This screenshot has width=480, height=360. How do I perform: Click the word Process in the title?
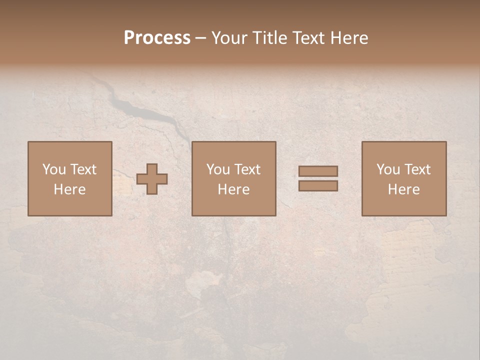[157, 38]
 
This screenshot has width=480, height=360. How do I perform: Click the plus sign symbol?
[152, 179]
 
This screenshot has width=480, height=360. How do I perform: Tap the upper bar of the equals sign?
[318, 171]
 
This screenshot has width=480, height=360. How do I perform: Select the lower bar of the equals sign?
[318, 186]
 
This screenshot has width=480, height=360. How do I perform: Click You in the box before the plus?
[53, 169]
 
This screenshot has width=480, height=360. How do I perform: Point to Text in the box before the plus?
[82, 169]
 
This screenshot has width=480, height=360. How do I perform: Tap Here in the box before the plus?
[69, 189]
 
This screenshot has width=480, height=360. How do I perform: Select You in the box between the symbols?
[217, 169]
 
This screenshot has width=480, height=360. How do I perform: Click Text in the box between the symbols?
[246, 169]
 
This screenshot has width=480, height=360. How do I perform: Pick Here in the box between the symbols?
[233, 189]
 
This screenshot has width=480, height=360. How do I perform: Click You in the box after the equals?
[387, 169]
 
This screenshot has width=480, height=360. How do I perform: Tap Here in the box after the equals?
[403, 189]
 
